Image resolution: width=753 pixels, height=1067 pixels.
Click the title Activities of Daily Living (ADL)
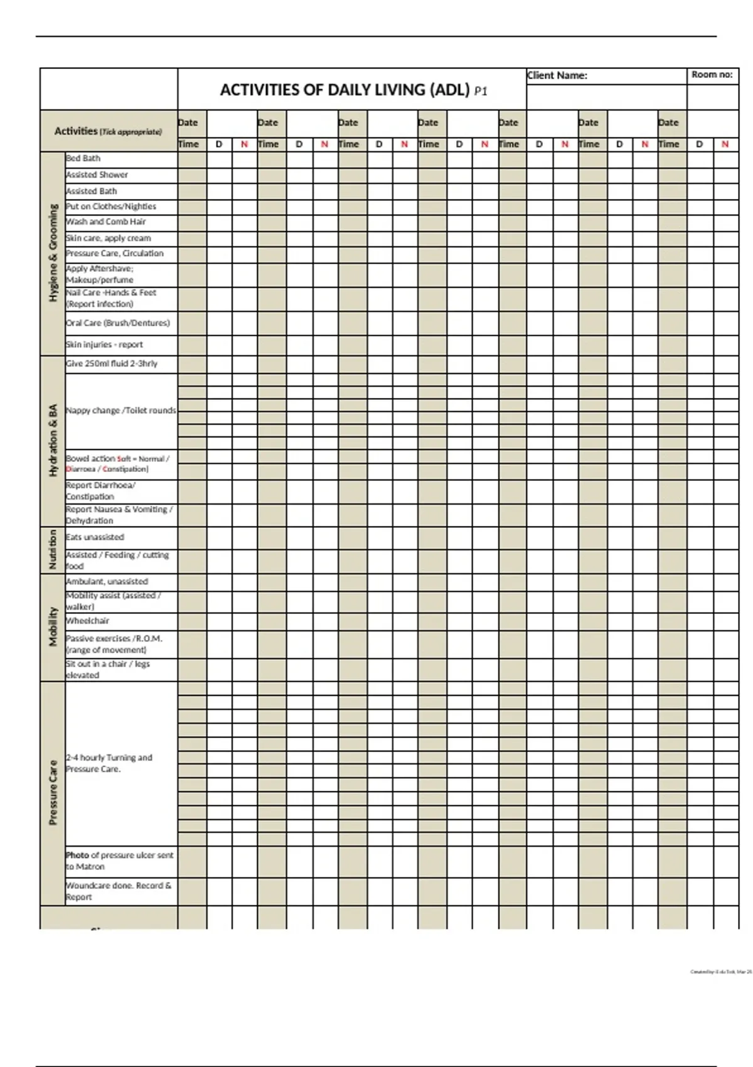click(x=345, y=90)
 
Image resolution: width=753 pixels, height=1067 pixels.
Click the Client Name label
click(x=557, y=75)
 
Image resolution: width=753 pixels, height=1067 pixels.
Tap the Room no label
click(x=712, y=75)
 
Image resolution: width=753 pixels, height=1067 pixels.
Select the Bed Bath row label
click(x=83, y=158)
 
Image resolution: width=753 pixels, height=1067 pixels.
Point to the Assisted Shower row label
click(x=97, y=174)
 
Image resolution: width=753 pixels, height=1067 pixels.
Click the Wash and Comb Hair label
click(x=105, y=222)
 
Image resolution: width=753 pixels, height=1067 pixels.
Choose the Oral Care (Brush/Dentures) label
click(x=117, y=323)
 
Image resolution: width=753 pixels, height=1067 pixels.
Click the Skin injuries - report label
click(x=104, y=345)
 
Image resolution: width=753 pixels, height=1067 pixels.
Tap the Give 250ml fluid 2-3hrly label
click(x=112, y=363)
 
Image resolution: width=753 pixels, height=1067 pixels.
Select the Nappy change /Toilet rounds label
click(x=120, y=410)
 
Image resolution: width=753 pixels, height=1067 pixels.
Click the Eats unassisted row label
click(x=95, y=537)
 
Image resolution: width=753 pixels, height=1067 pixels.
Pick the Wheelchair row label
click(x=87, y=621)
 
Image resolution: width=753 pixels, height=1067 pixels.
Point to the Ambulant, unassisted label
click(x=107, y=581)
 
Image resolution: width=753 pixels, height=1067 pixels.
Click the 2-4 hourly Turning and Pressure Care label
click(x=109, y=763)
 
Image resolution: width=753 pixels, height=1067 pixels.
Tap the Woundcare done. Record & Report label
click(x=118, y=891)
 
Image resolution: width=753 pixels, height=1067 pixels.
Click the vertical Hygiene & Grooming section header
click(x=53, y=252)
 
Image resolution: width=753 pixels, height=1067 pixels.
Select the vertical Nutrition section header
click(x=53, y=550)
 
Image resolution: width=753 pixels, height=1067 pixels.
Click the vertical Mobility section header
click(x=53, y=626)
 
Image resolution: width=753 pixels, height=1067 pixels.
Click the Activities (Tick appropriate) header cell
click(x=108, y=131)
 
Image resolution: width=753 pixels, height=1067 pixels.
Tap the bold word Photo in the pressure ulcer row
click(x=77, y=855)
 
